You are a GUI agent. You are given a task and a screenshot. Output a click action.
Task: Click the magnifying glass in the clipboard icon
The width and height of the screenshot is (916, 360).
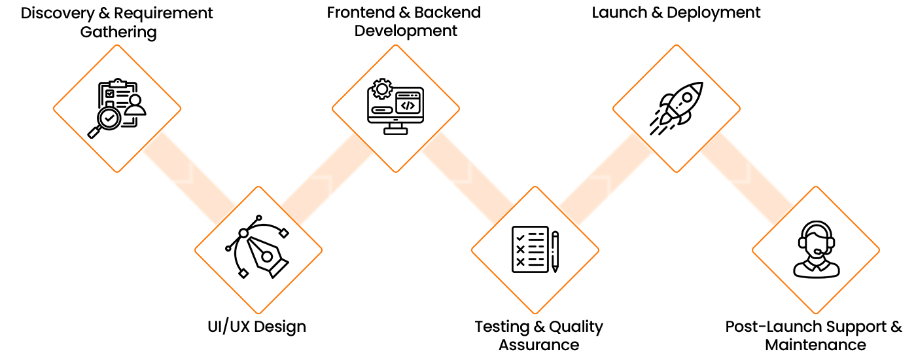(x=108, y=118)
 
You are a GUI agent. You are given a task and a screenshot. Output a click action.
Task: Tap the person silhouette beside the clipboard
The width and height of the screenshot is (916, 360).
(x=135, y=105)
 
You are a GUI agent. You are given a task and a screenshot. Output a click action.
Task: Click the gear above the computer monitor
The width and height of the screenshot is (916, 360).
(x=381, y=89)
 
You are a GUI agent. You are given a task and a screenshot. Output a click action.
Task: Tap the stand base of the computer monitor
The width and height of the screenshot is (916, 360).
(x=395, y=130)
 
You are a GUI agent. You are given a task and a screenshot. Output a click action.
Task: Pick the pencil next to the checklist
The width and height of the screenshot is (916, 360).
(x=555, y=251)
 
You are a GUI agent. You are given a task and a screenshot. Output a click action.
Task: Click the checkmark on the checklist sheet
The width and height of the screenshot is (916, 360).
(x=520, y=238)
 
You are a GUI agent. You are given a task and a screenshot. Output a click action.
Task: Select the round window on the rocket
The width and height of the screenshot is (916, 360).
(x=687, y=98)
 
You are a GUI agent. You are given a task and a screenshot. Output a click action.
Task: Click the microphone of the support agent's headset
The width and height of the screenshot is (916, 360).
(x=818, y=251)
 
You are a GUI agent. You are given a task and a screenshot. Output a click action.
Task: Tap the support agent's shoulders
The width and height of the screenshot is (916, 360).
(x=816, y=269)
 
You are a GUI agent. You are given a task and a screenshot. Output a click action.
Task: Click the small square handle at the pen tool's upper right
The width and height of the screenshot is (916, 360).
(x=283, y=233)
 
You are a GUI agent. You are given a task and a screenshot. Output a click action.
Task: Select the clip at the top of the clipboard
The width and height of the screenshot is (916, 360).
(x=118, y=82)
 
